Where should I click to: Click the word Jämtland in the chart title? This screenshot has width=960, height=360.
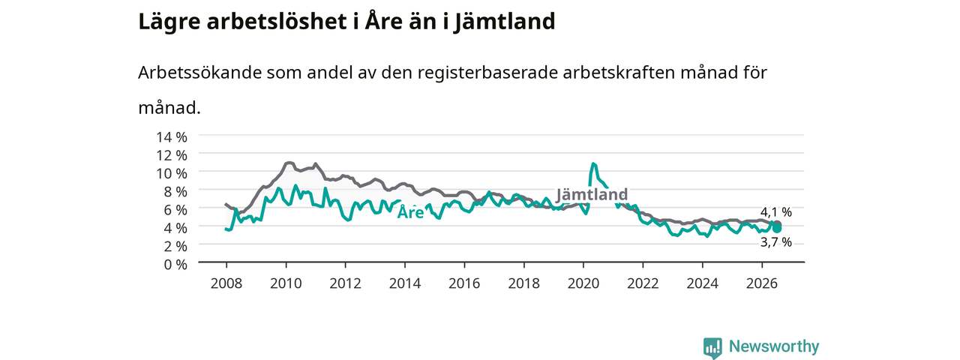pyautogui.click(x=505, y=22)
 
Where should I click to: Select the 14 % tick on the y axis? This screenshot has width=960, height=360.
pyautogui.click(x=172, y=137)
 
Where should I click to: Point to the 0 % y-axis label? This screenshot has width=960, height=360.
pyautogui.click(x=175, y=265)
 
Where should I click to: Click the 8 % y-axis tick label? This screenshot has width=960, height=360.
pyautogui.click(x=175, y=191)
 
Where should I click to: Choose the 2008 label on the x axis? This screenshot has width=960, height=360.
pyautogui.click(x=226, y=283)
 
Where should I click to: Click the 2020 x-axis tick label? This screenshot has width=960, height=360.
pyautogui.click(x=583, y=283)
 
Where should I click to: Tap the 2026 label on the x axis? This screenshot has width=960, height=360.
pyautogui.click(x=762, y=283)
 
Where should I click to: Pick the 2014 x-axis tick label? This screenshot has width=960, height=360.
pyautogui.click(x=404, y=283)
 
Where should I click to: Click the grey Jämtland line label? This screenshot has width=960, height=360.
pyautogui.click(x=592, y=194)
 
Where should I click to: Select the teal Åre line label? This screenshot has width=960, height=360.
pyautogui.click(x=410, y=211)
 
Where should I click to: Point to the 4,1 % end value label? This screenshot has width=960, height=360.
pyautogui.click(x=776, y=211)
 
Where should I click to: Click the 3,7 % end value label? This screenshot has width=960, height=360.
pyautogui.click(x=776, y=242)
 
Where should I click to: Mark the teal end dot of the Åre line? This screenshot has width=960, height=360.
pyautogui.click(x=777, y=229)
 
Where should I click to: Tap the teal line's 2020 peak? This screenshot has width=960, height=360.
pyautogui.click(x=593, y=163)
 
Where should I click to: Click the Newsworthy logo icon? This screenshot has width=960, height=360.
pyautogui.click(x=712, y=347)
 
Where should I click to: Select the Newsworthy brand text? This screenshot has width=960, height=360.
pyautogui.click(x=774, y=346)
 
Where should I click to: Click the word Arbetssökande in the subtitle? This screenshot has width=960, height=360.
pyautogui.click(x=199, y=73)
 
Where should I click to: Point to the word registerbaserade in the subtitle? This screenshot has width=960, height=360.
pyautogui.click(x=487, y=73)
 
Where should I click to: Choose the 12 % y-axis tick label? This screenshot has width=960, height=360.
pyautogui.click(x=172, y=155)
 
